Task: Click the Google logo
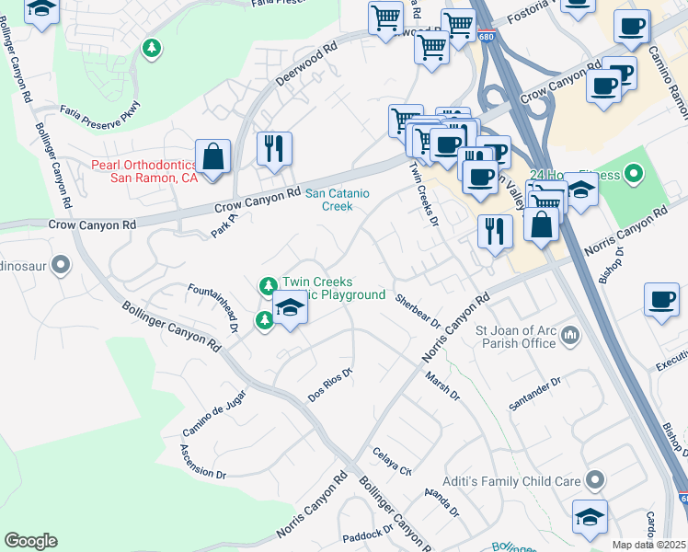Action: [30, 541]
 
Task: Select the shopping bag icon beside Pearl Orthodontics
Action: [213, 157]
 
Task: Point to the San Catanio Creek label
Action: [328, 200]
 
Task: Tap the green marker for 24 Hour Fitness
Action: [633, 173]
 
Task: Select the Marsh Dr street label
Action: [442, 385]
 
